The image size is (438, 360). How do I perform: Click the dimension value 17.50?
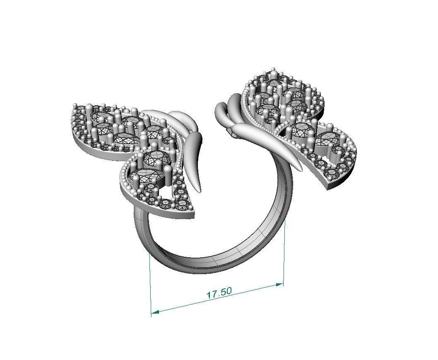[x=219, y=293]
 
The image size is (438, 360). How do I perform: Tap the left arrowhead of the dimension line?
[x=154, y=312]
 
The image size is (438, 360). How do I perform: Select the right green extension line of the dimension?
[x=284, y=249]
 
